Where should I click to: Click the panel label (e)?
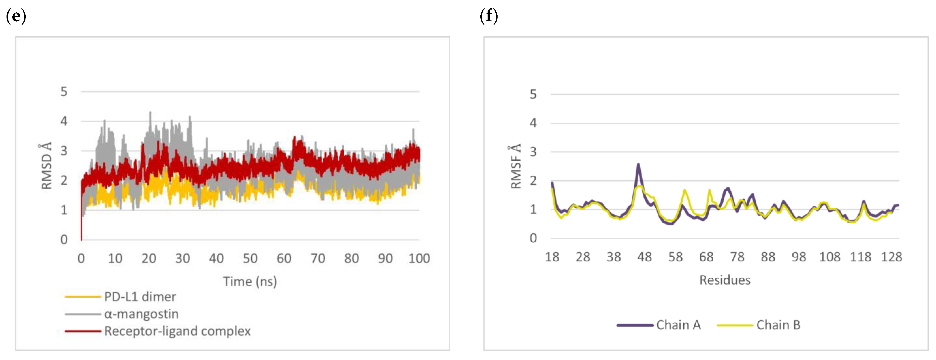[x=16, y=16]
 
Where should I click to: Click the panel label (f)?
[x=489, y=16]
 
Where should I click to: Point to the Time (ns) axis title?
[x=250, y=281]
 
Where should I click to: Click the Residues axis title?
[x=725, y=280]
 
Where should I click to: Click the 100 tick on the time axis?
[x=419, y=258]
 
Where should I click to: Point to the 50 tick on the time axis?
[x=250, y=258]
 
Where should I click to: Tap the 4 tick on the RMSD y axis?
[x=64, y=121]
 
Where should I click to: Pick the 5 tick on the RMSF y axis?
[x=533, y=94]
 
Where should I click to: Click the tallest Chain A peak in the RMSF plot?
[x=638, y=165]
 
